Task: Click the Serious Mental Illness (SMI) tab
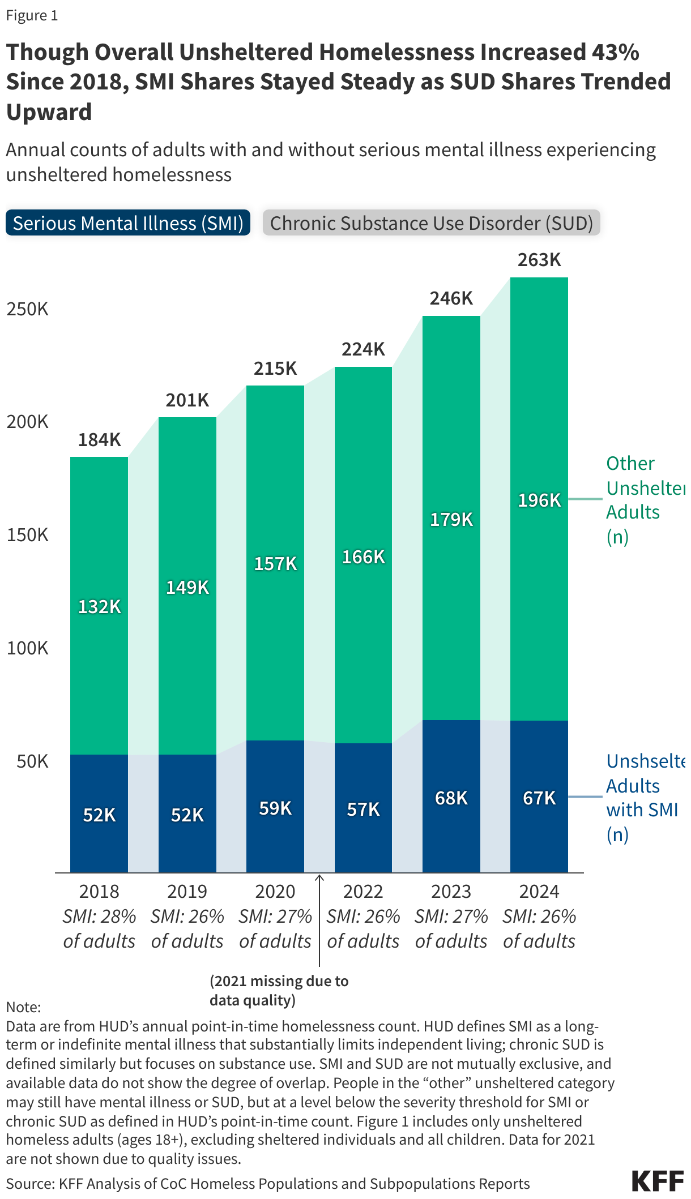[x=128, y=223]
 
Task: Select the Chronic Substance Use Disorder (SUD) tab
[x=431, y=223]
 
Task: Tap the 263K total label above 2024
[x=539, y=260]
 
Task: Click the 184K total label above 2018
[x=99, y=439]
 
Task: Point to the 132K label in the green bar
[x=99, y=607]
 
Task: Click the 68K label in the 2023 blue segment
[x=451, y=798]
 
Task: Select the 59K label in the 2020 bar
[x=275, y=808]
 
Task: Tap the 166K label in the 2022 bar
[x=363, y=557]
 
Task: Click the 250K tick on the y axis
[x=27, y=309]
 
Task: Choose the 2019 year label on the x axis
[x=187, y=892]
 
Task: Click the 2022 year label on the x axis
[x=363, y=892]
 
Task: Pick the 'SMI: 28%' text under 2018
[x=99, y=916]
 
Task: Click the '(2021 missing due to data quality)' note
[x=279, y=990]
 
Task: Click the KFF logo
[x=657, y=1181]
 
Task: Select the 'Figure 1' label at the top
[x=32, y=15]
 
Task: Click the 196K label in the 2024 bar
[x=539, y=500]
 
